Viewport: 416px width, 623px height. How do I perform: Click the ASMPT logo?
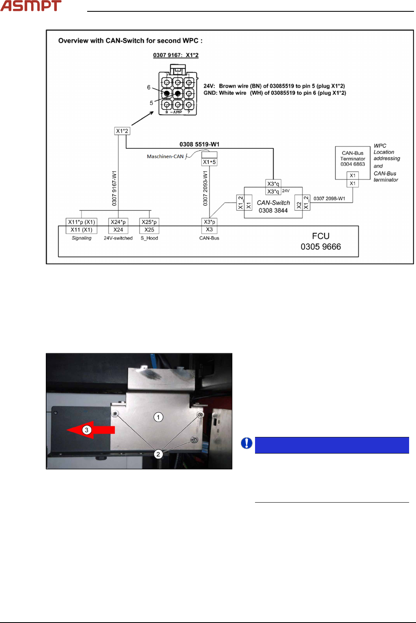pos(31,6)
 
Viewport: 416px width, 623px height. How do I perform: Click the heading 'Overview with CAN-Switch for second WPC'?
pos(130,41)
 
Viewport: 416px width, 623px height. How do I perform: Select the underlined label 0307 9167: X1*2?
pos(176,55)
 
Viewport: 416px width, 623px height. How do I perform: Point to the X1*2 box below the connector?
pos(122,131)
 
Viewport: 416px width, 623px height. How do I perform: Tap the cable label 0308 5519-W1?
pos(199,144)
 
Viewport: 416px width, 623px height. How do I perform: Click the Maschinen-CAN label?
pos(165,156)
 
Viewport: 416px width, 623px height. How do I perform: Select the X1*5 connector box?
pos(209,162)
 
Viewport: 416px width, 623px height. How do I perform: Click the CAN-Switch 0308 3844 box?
pos(273,206)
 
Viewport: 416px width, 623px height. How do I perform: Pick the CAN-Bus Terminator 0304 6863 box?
pos(352,159)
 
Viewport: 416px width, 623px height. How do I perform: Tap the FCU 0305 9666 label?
pos(321,242)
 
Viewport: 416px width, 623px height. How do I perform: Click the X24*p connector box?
pos(118,222)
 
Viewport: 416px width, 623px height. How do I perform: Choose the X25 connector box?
pos(149,230)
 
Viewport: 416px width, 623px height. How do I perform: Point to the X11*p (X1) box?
pos(81,222)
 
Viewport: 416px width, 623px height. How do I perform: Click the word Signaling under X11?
pos(81,238)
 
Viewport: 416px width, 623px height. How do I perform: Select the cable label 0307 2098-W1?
pos(329,199)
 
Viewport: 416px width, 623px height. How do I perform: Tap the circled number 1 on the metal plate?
pos(158,417)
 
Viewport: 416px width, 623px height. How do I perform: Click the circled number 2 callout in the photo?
pos(158,454)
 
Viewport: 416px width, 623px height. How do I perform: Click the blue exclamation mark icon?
pos(247,443)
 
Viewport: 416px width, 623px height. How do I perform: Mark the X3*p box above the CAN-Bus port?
pos(209,222)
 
